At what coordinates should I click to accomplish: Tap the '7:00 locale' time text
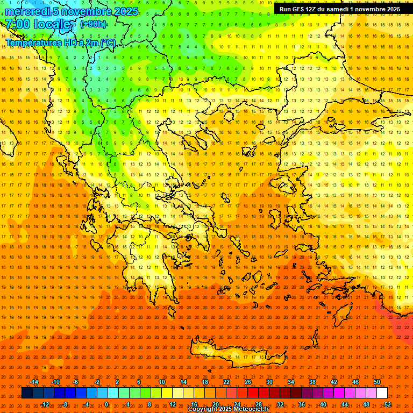(38, 25)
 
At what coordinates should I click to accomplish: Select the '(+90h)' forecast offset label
(93, 24)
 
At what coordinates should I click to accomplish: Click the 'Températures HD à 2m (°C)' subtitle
(60, 42)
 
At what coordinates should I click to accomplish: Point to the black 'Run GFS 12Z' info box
(339, 9)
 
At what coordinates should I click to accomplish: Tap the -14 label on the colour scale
(34, 382)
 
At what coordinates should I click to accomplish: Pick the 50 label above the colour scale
(377, 382)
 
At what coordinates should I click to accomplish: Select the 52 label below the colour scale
(388, 404)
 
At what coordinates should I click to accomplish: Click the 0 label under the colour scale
(106, 404)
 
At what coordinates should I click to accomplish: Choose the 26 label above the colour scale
(248, 382)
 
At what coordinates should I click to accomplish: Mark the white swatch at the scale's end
(382, 393)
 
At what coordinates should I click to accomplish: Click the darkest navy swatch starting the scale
(27, 393)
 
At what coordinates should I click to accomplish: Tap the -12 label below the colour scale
(45, 404)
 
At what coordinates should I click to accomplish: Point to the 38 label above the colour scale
(312, 382)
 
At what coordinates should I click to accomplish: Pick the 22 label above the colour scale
(226, 382)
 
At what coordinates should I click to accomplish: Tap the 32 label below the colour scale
(280, 404)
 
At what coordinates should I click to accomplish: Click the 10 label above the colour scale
(162, 382)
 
